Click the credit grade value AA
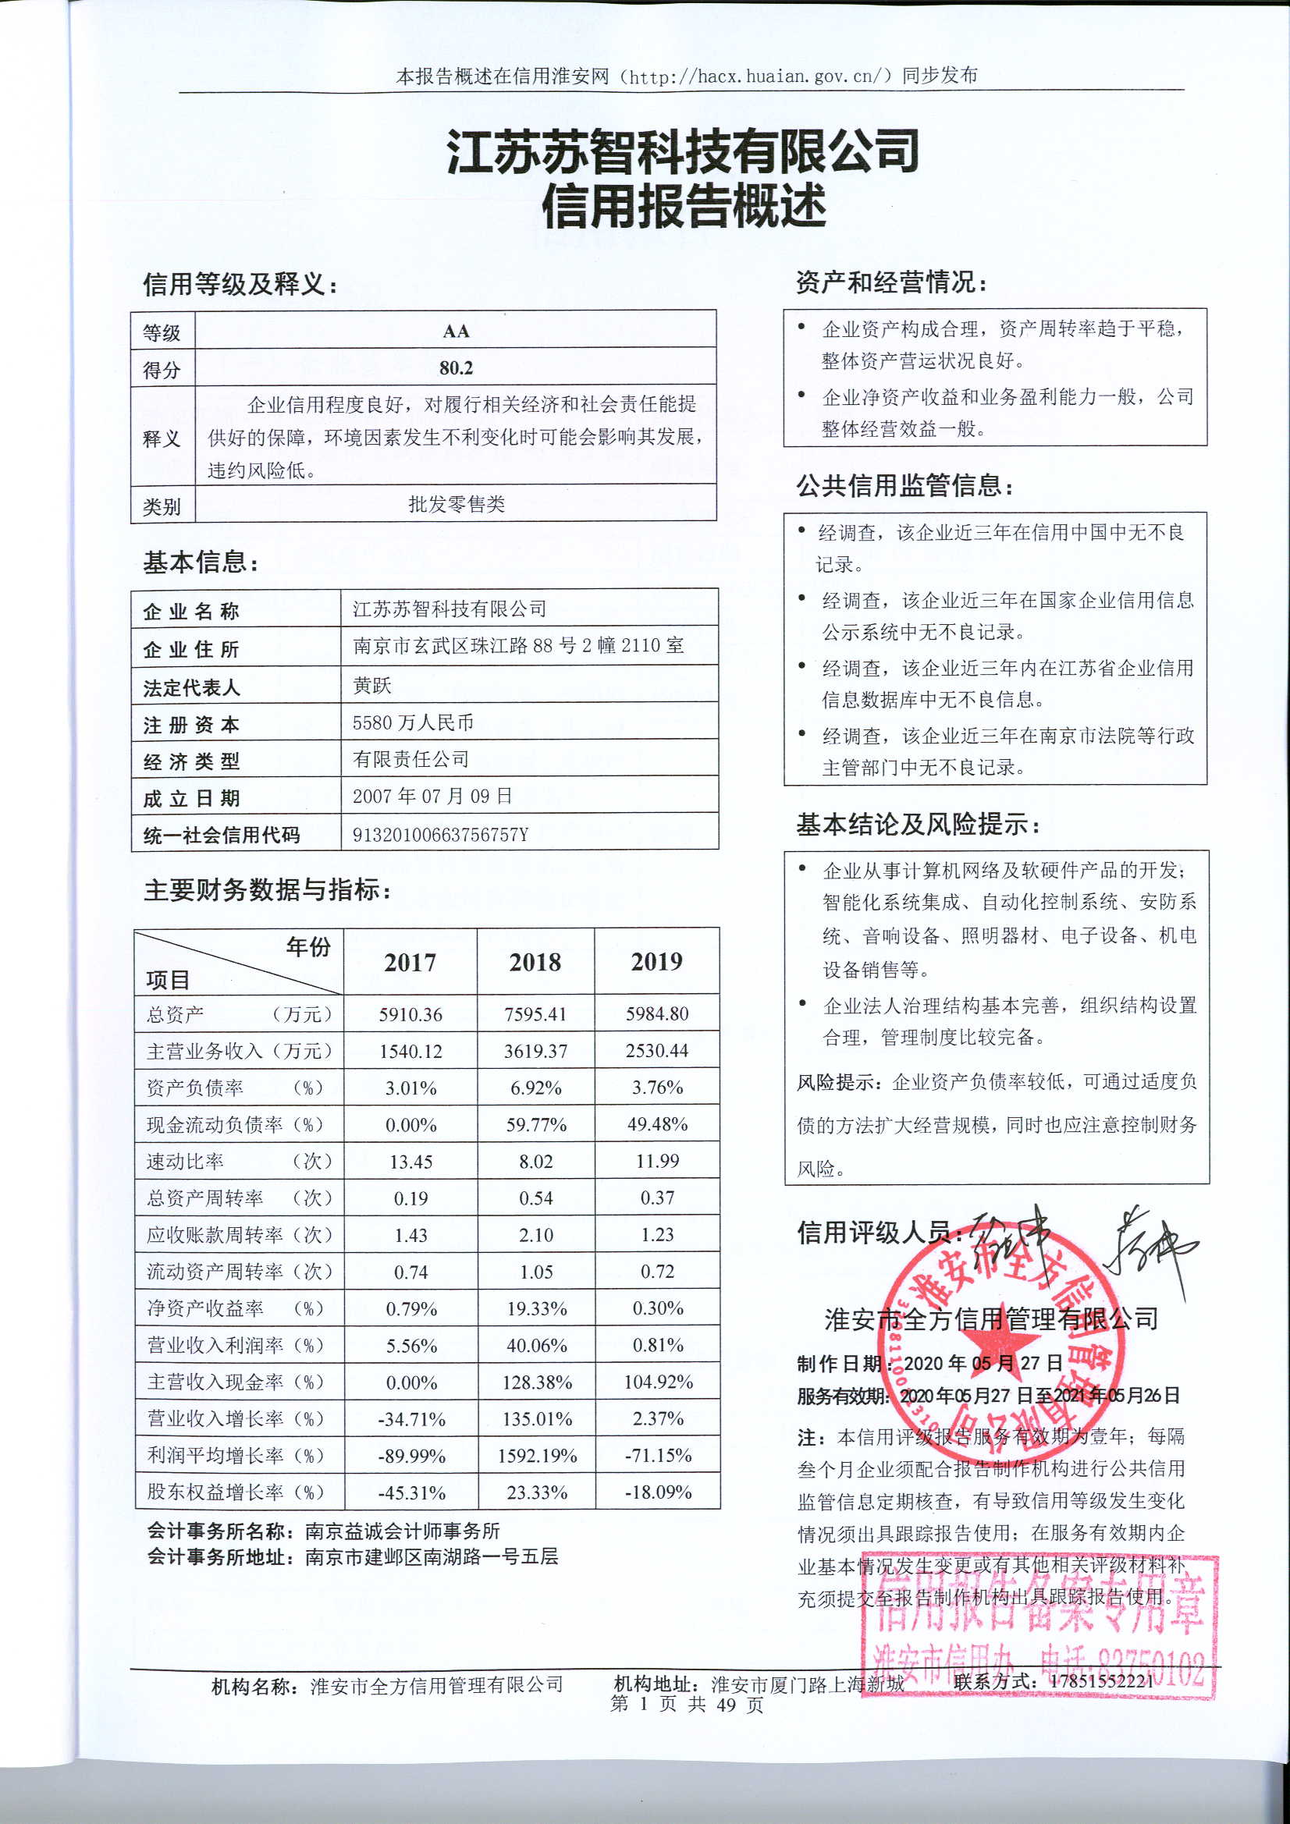pyautogui.click(x=456, y=332)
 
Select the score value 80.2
pyautogui.click(x=456, y=367)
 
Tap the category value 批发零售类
pyautogui.click(x=457, y=504)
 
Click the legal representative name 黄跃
pyautogui.click(x=372, y=685)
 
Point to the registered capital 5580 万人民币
pyautogui.click(x=413, y=722)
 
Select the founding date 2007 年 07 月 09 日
pyautogui.click(x=432, y=796)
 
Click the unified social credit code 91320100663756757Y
pyautogui.click(x=440, y=834)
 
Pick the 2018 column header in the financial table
pyautogui.click(x=535, y=962)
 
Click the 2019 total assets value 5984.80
pyautogui.click(x=656, y=1013)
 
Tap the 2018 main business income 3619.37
pyautogui.click(x=535, y=1051)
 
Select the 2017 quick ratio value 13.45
pyautogui.click(x=410, y=1162)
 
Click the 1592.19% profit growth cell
pyautogui.click(x=536, y=1457)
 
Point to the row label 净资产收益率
pyautogui.click(x=205, y=1308)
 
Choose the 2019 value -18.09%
pyautogui.click(x=657, y=1492)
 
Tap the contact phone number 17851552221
pyautogui.click(x=1101, y=1680)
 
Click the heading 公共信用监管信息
pyautogui.click(x=904, y=485)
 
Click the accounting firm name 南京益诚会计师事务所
pyautogui.click(x=403, y=1531)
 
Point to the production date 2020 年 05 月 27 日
pyautogui.click(x=983, y=1363)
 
